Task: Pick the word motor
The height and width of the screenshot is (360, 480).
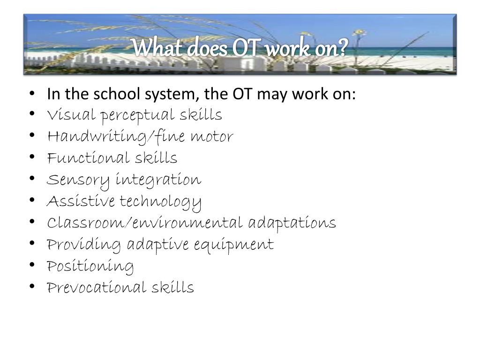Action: tap(211, 137)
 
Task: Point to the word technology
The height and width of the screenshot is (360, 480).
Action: tap(161, 202)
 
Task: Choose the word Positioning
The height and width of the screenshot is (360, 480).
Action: tap(90, 267)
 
